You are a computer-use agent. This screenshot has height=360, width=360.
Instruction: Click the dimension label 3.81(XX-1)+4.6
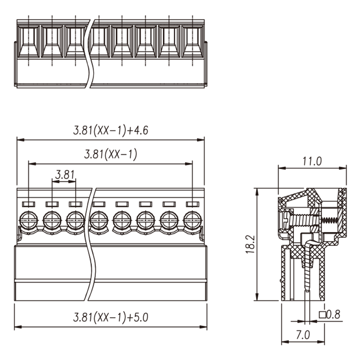[111, 130]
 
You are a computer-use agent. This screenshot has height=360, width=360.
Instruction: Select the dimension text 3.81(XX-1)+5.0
[111, 318]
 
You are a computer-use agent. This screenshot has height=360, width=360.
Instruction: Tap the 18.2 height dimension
[251, 244]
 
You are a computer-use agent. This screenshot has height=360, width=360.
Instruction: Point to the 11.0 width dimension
[312, 161]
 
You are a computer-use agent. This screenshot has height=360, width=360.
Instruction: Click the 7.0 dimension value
[303, 335]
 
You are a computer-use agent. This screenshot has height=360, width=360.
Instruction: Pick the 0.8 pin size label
[333, 315]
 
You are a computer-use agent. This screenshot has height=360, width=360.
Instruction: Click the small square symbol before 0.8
[322, 315]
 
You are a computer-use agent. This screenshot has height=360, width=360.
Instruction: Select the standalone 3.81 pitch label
[65, 175]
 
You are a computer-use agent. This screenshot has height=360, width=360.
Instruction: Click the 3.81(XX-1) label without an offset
[111, 154]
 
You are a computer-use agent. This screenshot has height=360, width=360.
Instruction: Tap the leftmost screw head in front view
[28, 220]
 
